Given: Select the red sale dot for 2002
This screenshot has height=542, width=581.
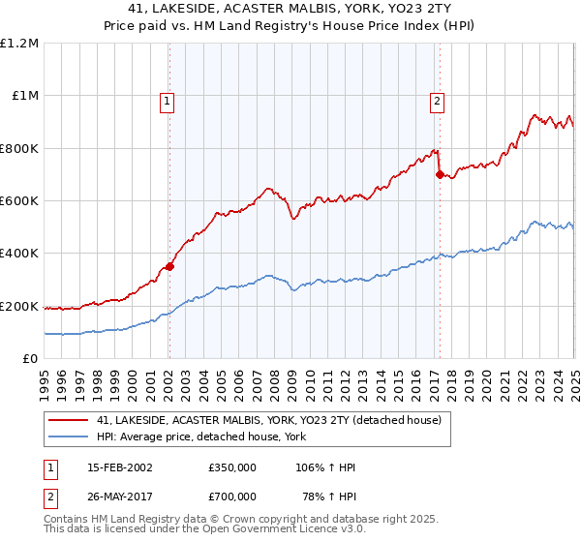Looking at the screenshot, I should [169, 266].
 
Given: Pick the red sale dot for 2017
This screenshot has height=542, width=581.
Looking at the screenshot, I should [440, 175].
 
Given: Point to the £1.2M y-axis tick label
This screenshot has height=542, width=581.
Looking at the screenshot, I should [19, 44].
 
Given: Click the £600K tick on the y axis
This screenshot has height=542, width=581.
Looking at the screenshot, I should [19, 201].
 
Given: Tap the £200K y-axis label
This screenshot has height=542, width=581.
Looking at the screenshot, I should [19, 306].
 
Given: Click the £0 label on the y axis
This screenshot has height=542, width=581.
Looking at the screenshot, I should [30, 359].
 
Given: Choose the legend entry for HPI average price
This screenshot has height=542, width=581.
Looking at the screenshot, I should [201, 437].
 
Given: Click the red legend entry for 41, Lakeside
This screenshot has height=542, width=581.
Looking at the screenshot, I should [268, 420].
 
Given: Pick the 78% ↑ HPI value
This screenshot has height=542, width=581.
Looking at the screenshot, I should [328, 497].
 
